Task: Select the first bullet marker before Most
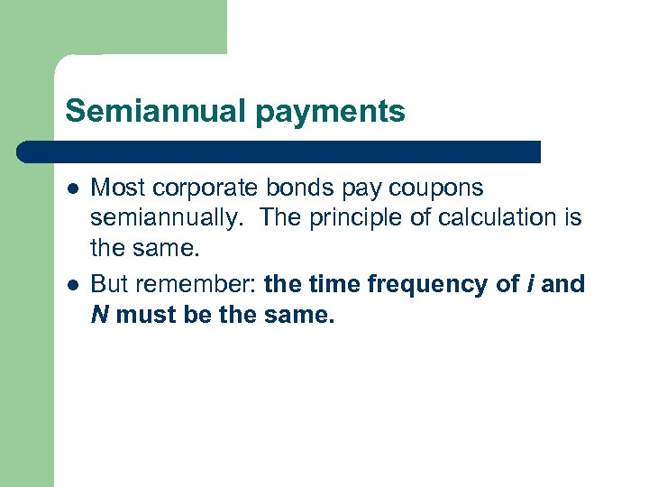(x=71, y=188)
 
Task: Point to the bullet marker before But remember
(x=71, y=284)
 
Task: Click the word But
(x=110, y=284)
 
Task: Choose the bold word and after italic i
(x=564, y=284)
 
